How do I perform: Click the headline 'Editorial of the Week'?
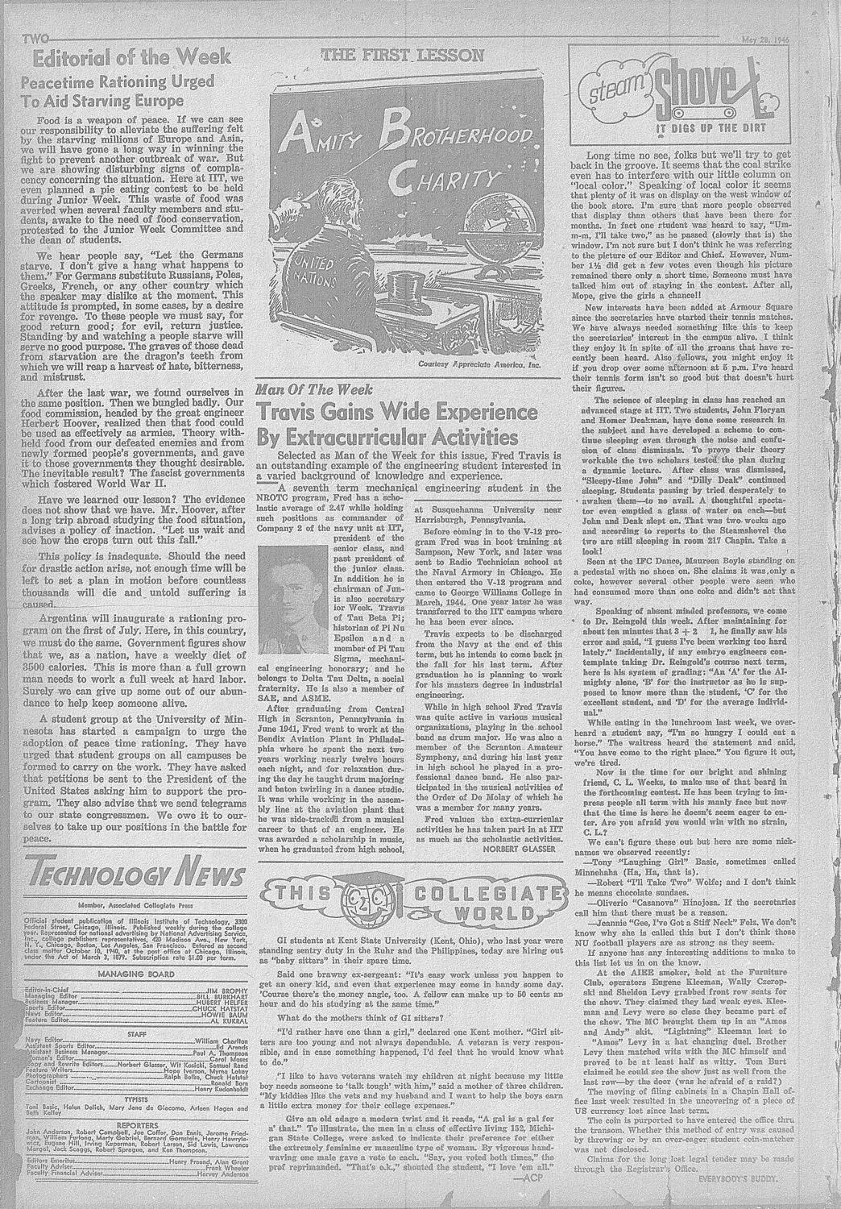coord(129,58)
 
